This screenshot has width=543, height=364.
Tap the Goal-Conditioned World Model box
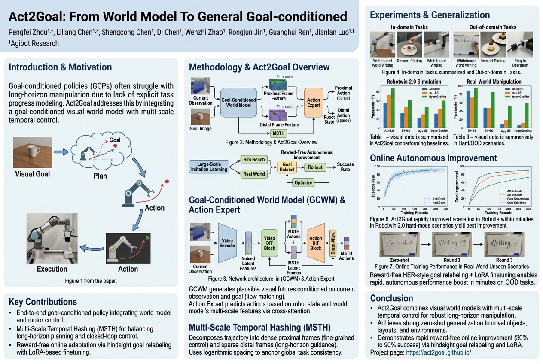tap(238, 103)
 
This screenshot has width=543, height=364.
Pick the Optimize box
tap(303, 182)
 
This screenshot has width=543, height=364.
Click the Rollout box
tap(315, 167)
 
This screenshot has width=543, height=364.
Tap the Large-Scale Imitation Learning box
tap(209, 167)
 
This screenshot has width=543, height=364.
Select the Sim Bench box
tap(253, 160)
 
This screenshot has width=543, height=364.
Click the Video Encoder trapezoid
tap(228, 243)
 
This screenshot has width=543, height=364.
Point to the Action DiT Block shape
tap(316, 243)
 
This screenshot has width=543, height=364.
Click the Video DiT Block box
tap(269, 243)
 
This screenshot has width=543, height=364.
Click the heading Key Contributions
tap(43, 301)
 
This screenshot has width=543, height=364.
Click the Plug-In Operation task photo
tap(520, 45)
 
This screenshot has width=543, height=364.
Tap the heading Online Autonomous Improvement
tap(433, 158)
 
